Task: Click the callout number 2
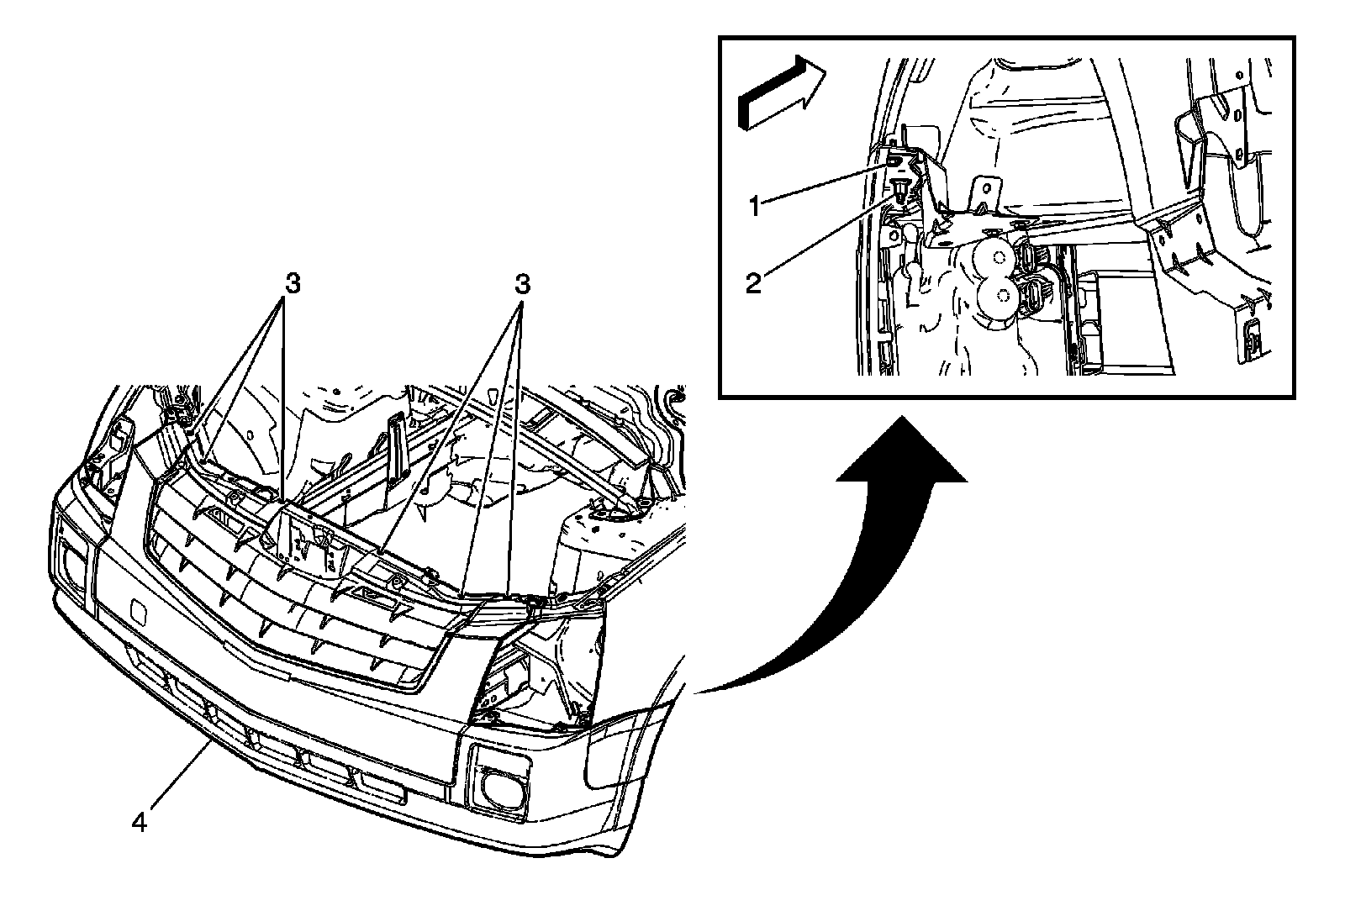pos(754,282)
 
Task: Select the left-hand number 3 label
pos(292,285)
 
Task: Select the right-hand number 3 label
pos(523,285)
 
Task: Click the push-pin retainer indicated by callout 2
pos(900,189)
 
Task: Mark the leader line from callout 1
pos(824,182)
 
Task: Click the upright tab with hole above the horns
pos(984,191)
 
